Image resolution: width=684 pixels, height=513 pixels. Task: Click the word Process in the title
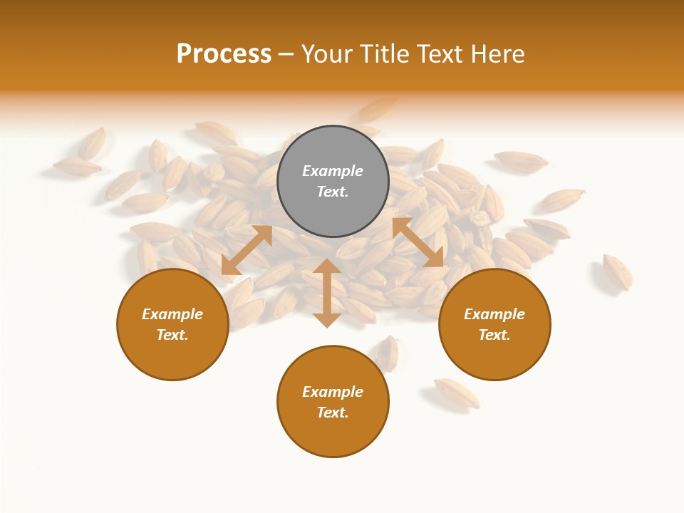[x=224, y=54]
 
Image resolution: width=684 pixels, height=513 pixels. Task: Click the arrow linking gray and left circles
[x=247, y=250]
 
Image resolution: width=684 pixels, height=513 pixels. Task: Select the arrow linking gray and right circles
[x=418, y=243]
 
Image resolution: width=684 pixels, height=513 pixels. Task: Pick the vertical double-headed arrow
[x=327, y=293]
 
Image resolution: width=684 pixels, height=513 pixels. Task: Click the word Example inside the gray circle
[x=333, y=171]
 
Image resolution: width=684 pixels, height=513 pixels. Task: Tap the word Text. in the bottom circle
[x=333, y=413]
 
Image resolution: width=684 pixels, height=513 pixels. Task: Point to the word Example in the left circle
[x=172, y=314]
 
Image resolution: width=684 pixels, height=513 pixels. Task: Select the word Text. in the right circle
[x=494, y=335]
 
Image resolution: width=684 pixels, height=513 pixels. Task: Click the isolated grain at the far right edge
[x=617, y=271]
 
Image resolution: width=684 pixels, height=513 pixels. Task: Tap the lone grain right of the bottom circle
[x=457, y=393]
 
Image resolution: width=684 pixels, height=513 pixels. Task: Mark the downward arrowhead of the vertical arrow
[x=327, y=318]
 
